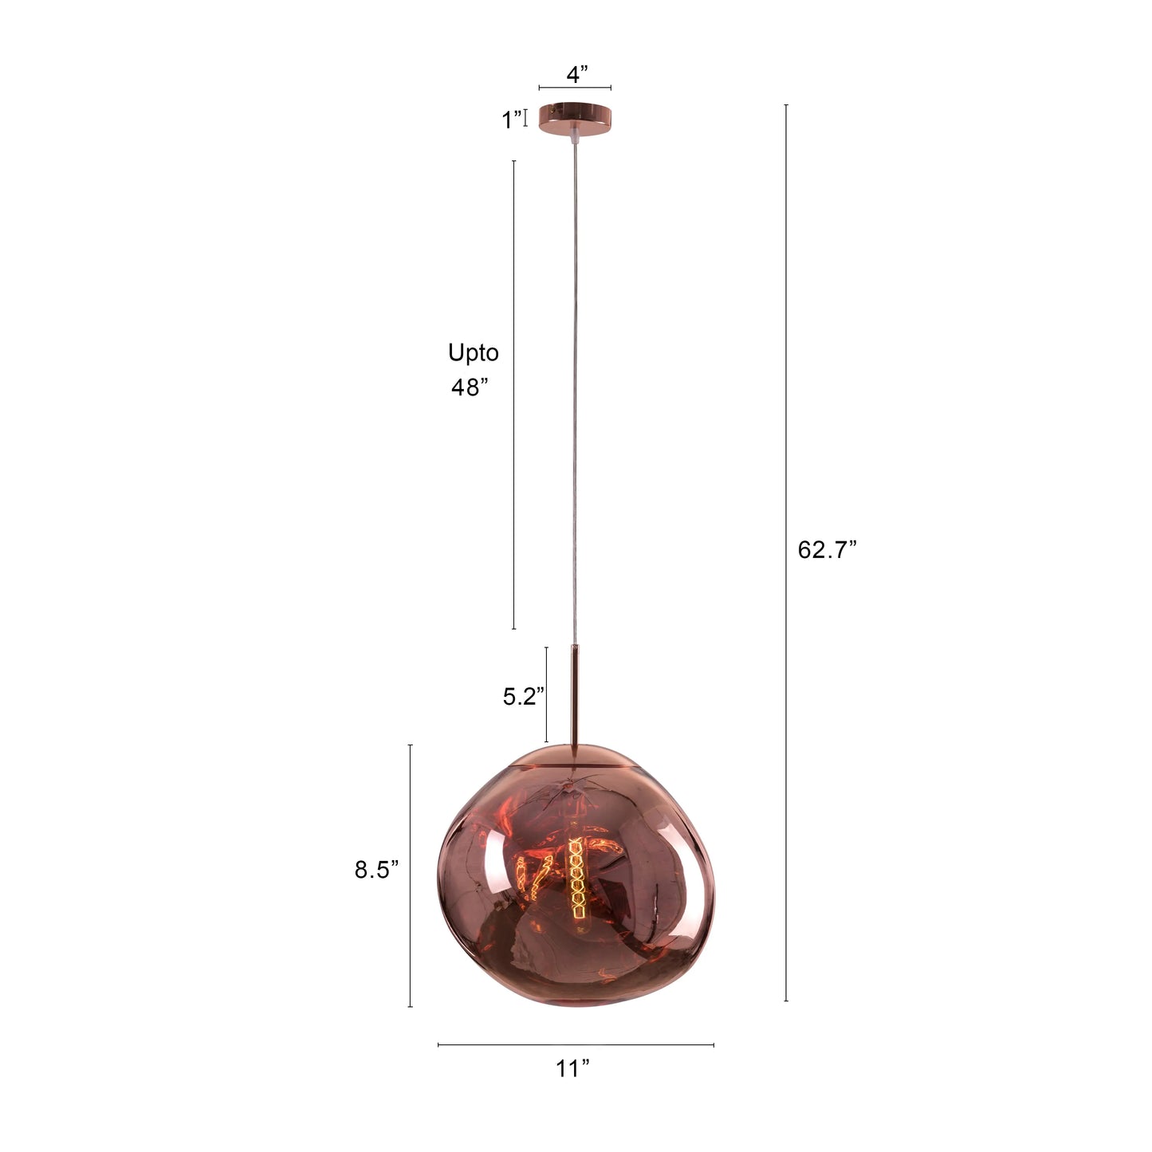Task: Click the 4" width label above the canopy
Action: click(576, 75)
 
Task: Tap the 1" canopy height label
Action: click(511, 120)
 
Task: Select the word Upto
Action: click(473, 352)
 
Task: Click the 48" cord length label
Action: click(470, 387)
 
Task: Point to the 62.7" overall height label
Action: click(827, 549)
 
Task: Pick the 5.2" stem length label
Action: click(523, 697)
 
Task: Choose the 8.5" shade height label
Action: click(376, 870)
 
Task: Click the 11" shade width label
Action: click(573, 1069)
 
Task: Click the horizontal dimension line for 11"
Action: click(576, 1044)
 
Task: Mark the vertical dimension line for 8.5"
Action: click(411, 875)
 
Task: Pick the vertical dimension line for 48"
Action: click(513, 395)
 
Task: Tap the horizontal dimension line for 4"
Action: click(575, 88)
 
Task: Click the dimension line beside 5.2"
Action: click(546, 694)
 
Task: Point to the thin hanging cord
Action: click(574, 399)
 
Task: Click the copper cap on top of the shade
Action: click(574, 755)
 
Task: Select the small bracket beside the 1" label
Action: click(526, 120)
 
